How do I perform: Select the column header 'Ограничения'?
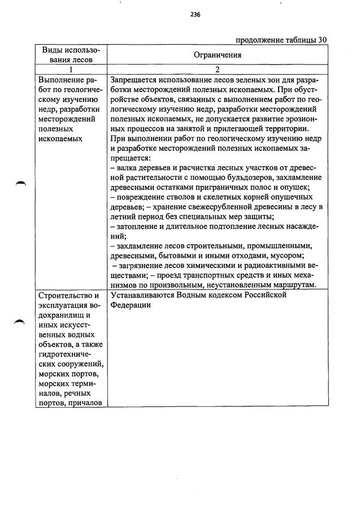217,55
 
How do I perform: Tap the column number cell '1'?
71,69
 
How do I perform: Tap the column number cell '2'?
217,69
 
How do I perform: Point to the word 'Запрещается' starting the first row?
135,80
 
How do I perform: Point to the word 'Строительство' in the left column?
63,295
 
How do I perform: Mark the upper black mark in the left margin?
21,184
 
